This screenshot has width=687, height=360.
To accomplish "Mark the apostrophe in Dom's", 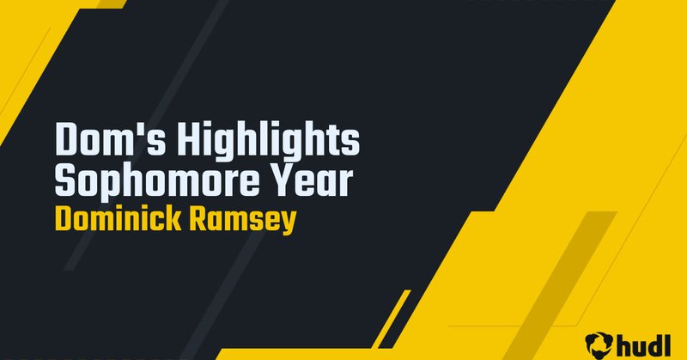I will [x=117, y=129].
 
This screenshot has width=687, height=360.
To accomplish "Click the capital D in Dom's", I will [x=65, y=140].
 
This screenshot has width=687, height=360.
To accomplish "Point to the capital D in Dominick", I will [x=63, y=218].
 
